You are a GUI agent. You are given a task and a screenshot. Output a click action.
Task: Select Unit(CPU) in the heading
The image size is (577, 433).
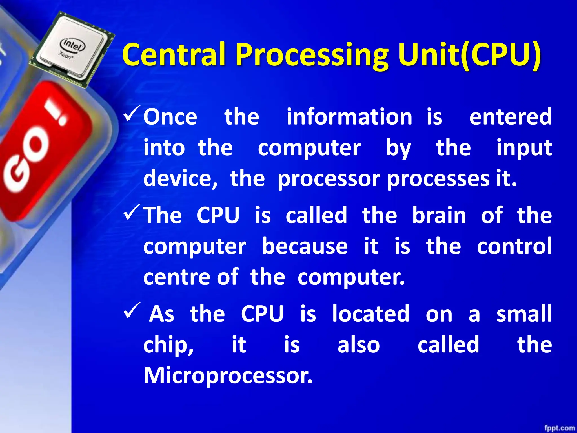pos(469,55)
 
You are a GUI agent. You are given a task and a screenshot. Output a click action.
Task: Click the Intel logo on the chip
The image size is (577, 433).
pos(73,44)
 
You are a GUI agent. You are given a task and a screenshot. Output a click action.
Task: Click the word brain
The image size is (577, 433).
pos(439,215)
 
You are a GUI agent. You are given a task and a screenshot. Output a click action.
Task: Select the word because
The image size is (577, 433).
pos(305,246)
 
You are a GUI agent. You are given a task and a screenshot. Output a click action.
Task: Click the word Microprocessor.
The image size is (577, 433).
pos(228,375)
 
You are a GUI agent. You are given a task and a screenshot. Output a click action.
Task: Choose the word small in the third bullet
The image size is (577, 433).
pos(524,313)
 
